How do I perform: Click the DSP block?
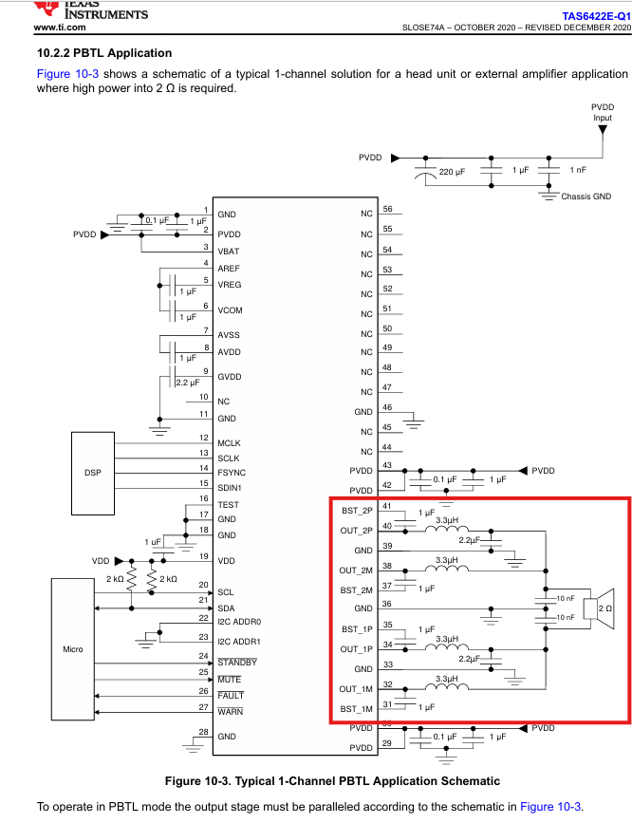pos(93,474)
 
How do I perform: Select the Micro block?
pos(73,649)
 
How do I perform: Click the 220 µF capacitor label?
pos(452,172)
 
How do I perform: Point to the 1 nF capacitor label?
pos(578,170)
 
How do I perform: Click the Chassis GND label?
pos(586,196)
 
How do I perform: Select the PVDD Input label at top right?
pos(603,112)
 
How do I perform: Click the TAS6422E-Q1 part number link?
pos(596,16)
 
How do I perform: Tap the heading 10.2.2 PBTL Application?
pos(104,53)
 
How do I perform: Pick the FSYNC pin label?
pos(232,473)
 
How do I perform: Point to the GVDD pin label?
pos(230,377)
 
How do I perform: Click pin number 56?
pos(387,209)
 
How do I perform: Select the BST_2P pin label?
pos(357,511)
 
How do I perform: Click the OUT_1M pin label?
pos(356,689)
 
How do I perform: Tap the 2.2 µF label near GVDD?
pos(188,383)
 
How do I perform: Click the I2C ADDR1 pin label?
pos(239,642)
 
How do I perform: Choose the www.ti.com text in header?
pos(60,28)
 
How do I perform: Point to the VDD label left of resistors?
pos(101,561)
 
